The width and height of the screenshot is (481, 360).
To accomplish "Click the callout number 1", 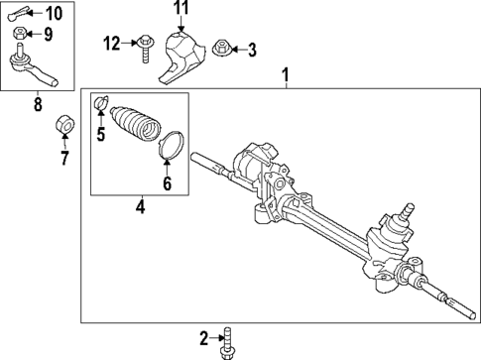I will [x=286, y=74].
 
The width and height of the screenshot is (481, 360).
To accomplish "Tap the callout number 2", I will [x=204, y=339].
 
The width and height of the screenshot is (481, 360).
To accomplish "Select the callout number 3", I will [x=251, y=49].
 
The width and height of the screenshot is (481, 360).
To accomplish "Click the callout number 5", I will [x=100, y=134].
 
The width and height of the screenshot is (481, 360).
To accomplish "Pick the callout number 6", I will [x=167, y=182].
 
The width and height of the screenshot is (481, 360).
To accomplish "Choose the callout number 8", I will [x=38, y=102].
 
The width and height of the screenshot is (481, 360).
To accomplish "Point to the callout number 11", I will [x=180, y=10].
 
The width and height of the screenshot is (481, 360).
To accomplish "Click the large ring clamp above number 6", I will [x=172, y=145].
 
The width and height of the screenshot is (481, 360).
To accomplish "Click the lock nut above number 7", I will [x=62, y=122].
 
